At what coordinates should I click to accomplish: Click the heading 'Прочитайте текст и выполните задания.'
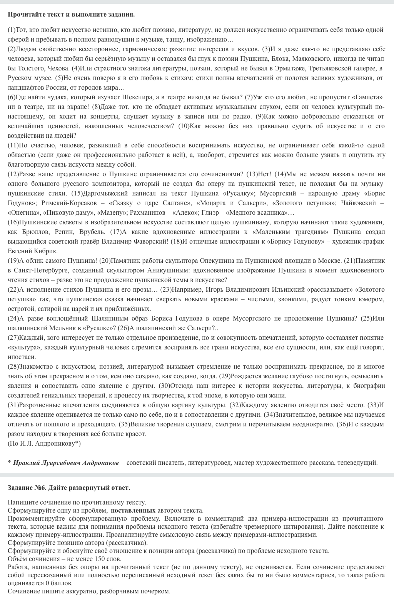(71, 15)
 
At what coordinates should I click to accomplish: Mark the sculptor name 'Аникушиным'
(169, 271)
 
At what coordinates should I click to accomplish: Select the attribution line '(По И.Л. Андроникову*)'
(44, 444)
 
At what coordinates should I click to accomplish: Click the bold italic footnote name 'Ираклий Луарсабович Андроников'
(66, 463)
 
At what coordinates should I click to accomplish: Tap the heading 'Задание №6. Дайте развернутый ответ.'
(69, 488)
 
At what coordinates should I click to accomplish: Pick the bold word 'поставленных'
(133, 511)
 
